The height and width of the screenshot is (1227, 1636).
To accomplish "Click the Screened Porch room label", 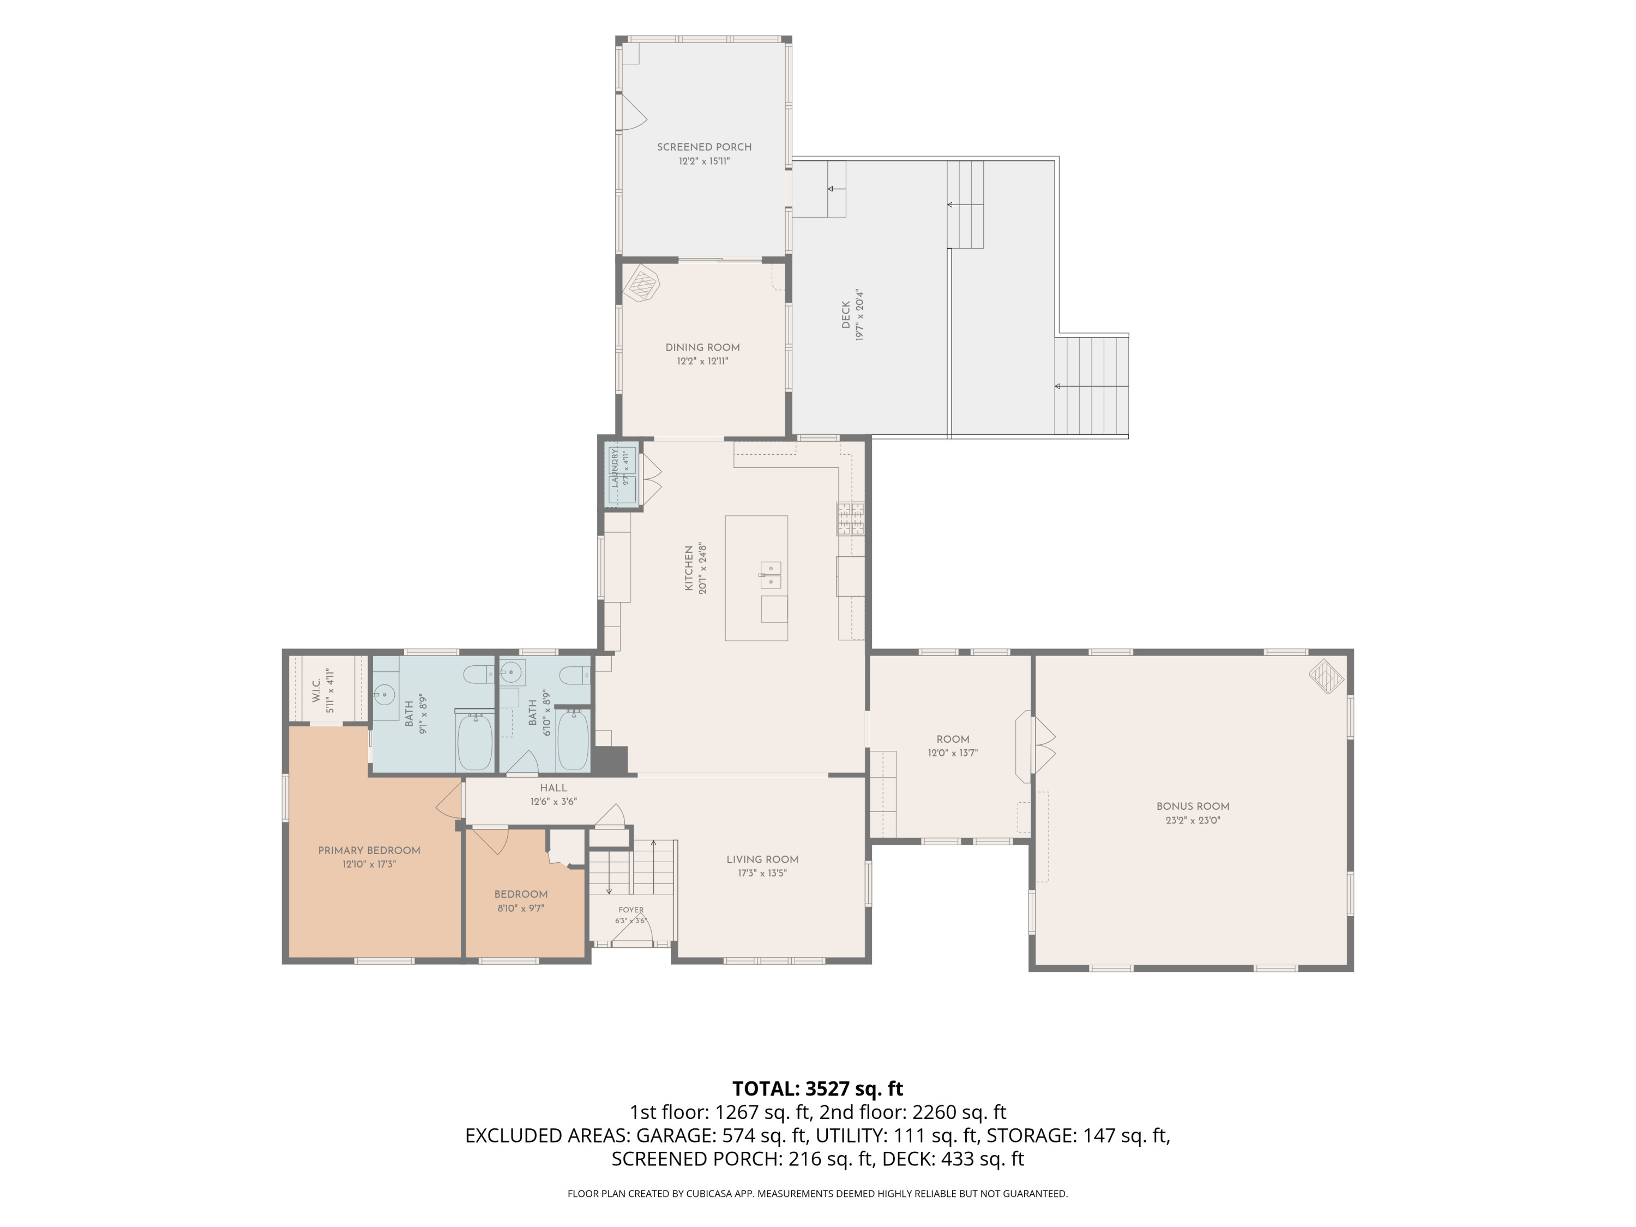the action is click(x=704, y=147).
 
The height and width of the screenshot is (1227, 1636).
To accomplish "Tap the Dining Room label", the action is click(x=702, y=347).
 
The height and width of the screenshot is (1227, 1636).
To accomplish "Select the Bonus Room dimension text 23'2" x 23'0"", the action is click(x=1193, y=820).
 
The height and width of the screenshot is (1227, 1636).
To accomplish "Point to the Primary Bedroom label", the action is click(x=369, y=851).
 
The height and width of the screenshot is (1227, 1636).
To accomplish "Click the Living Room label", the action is click(x=762, y=859).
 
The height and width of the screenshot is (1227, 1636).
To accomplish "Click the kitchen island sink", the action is click(x=771, y=575).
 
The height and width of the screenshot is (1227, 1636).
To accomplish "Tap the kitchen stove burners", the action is click(x=851, y=519).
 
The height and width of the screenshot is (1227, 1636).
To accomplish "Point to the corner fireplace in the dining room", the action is click(x=641, y=283).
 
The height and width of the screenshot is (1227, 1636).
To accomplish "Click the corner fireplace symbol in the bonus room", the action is click(x=1327, y=675).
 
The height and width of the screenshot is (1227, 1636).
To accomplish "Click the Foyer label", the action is click(x=631, y=910).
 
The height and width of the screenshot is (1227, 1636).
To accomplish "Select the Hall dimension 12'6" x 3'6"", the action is click(x=553, y=802).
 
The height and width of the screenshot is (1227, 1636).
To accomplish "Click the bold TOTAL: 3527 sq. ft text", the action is click(x=817, y=1088).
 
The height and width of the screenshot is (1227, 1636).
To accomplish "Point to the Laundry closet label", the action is click(x=614, y=467).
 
